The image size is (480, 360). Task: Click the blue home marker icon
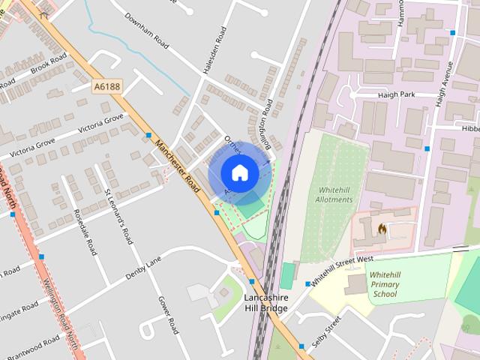[239, 172]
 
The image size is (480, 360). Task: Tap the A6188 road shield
[107, 88]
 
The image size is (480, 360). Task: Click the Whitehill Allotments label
[334, 194]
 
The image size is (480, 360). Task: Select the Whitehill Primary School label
[384, 284]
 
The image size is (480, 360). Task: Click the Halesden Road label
[214, 50]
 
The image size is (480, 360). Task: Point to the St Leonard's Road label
[118, 217]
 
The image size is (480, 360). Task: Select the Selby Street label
[326, 331]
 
